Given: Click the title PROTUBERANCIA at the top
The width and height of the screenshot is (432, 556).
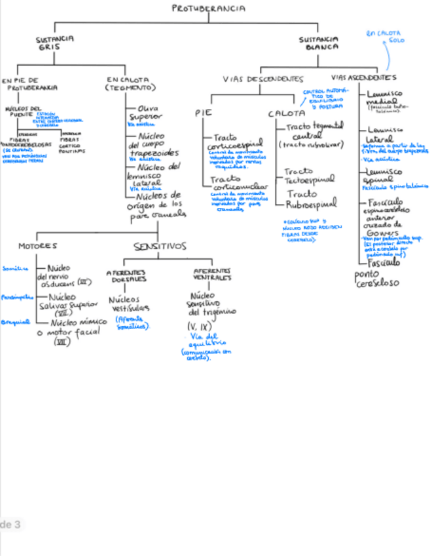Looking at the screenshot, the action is click(209, 9).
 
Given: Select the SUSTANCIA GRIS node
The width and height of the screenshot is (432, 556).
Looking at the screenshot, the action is click(54, 43).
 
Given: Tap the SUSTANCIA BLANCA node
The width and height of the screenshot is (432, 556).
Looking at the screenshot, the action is click(319, 43).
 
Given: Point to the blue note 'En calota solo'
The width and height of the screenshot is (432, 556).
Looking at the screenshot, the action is click(386, 36).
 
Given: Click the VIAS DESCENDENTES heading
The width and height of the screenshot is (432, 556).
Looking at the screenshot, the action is click(263, 79).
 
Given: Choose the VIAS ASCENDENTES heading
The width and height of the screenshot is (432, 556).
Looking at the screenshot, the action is click(365, 77).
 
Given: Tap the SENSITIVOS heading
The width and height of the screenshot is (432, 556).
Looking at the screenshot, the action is click(160, 247).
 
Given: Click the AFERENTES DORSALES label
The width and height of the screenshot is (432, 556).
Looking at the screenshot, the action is click(127, 275).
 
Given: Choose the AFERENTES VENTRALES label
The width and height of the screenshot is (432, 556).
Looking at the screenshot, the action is click(212, 274).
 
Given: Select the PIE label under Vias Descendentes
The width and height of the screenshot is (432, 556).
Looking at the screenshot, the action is click(202, 113).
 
